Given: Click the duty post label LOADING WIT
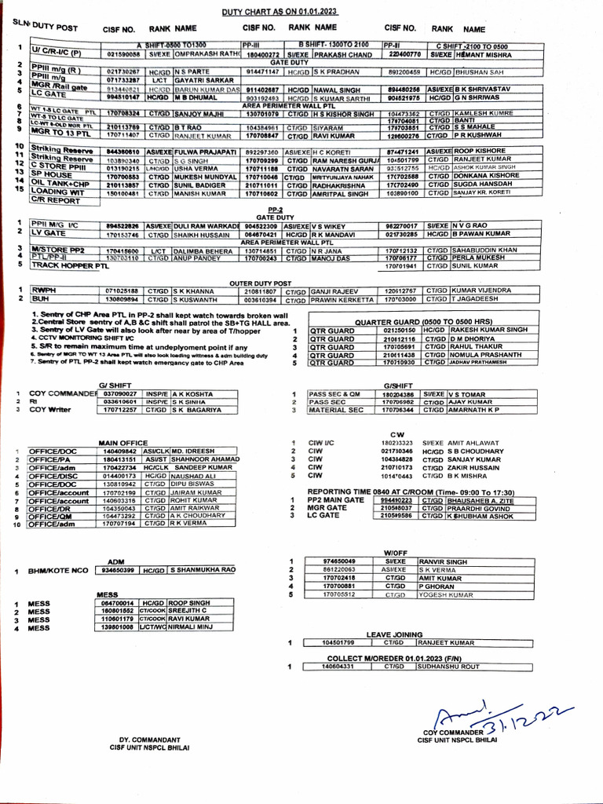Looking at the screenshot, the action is click(59, 191).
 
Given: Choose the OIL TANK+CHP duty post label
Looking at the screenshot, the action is click(62, 182).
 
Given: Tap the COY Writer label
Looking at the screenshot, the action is click(49, 410).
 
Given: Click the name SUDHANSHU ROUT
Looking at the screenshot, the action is click(448, 666).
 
